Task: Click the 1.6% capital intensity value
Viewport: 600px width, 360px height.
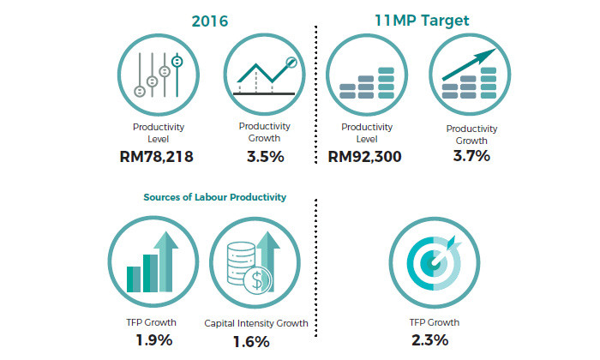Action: coord(251,341)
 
